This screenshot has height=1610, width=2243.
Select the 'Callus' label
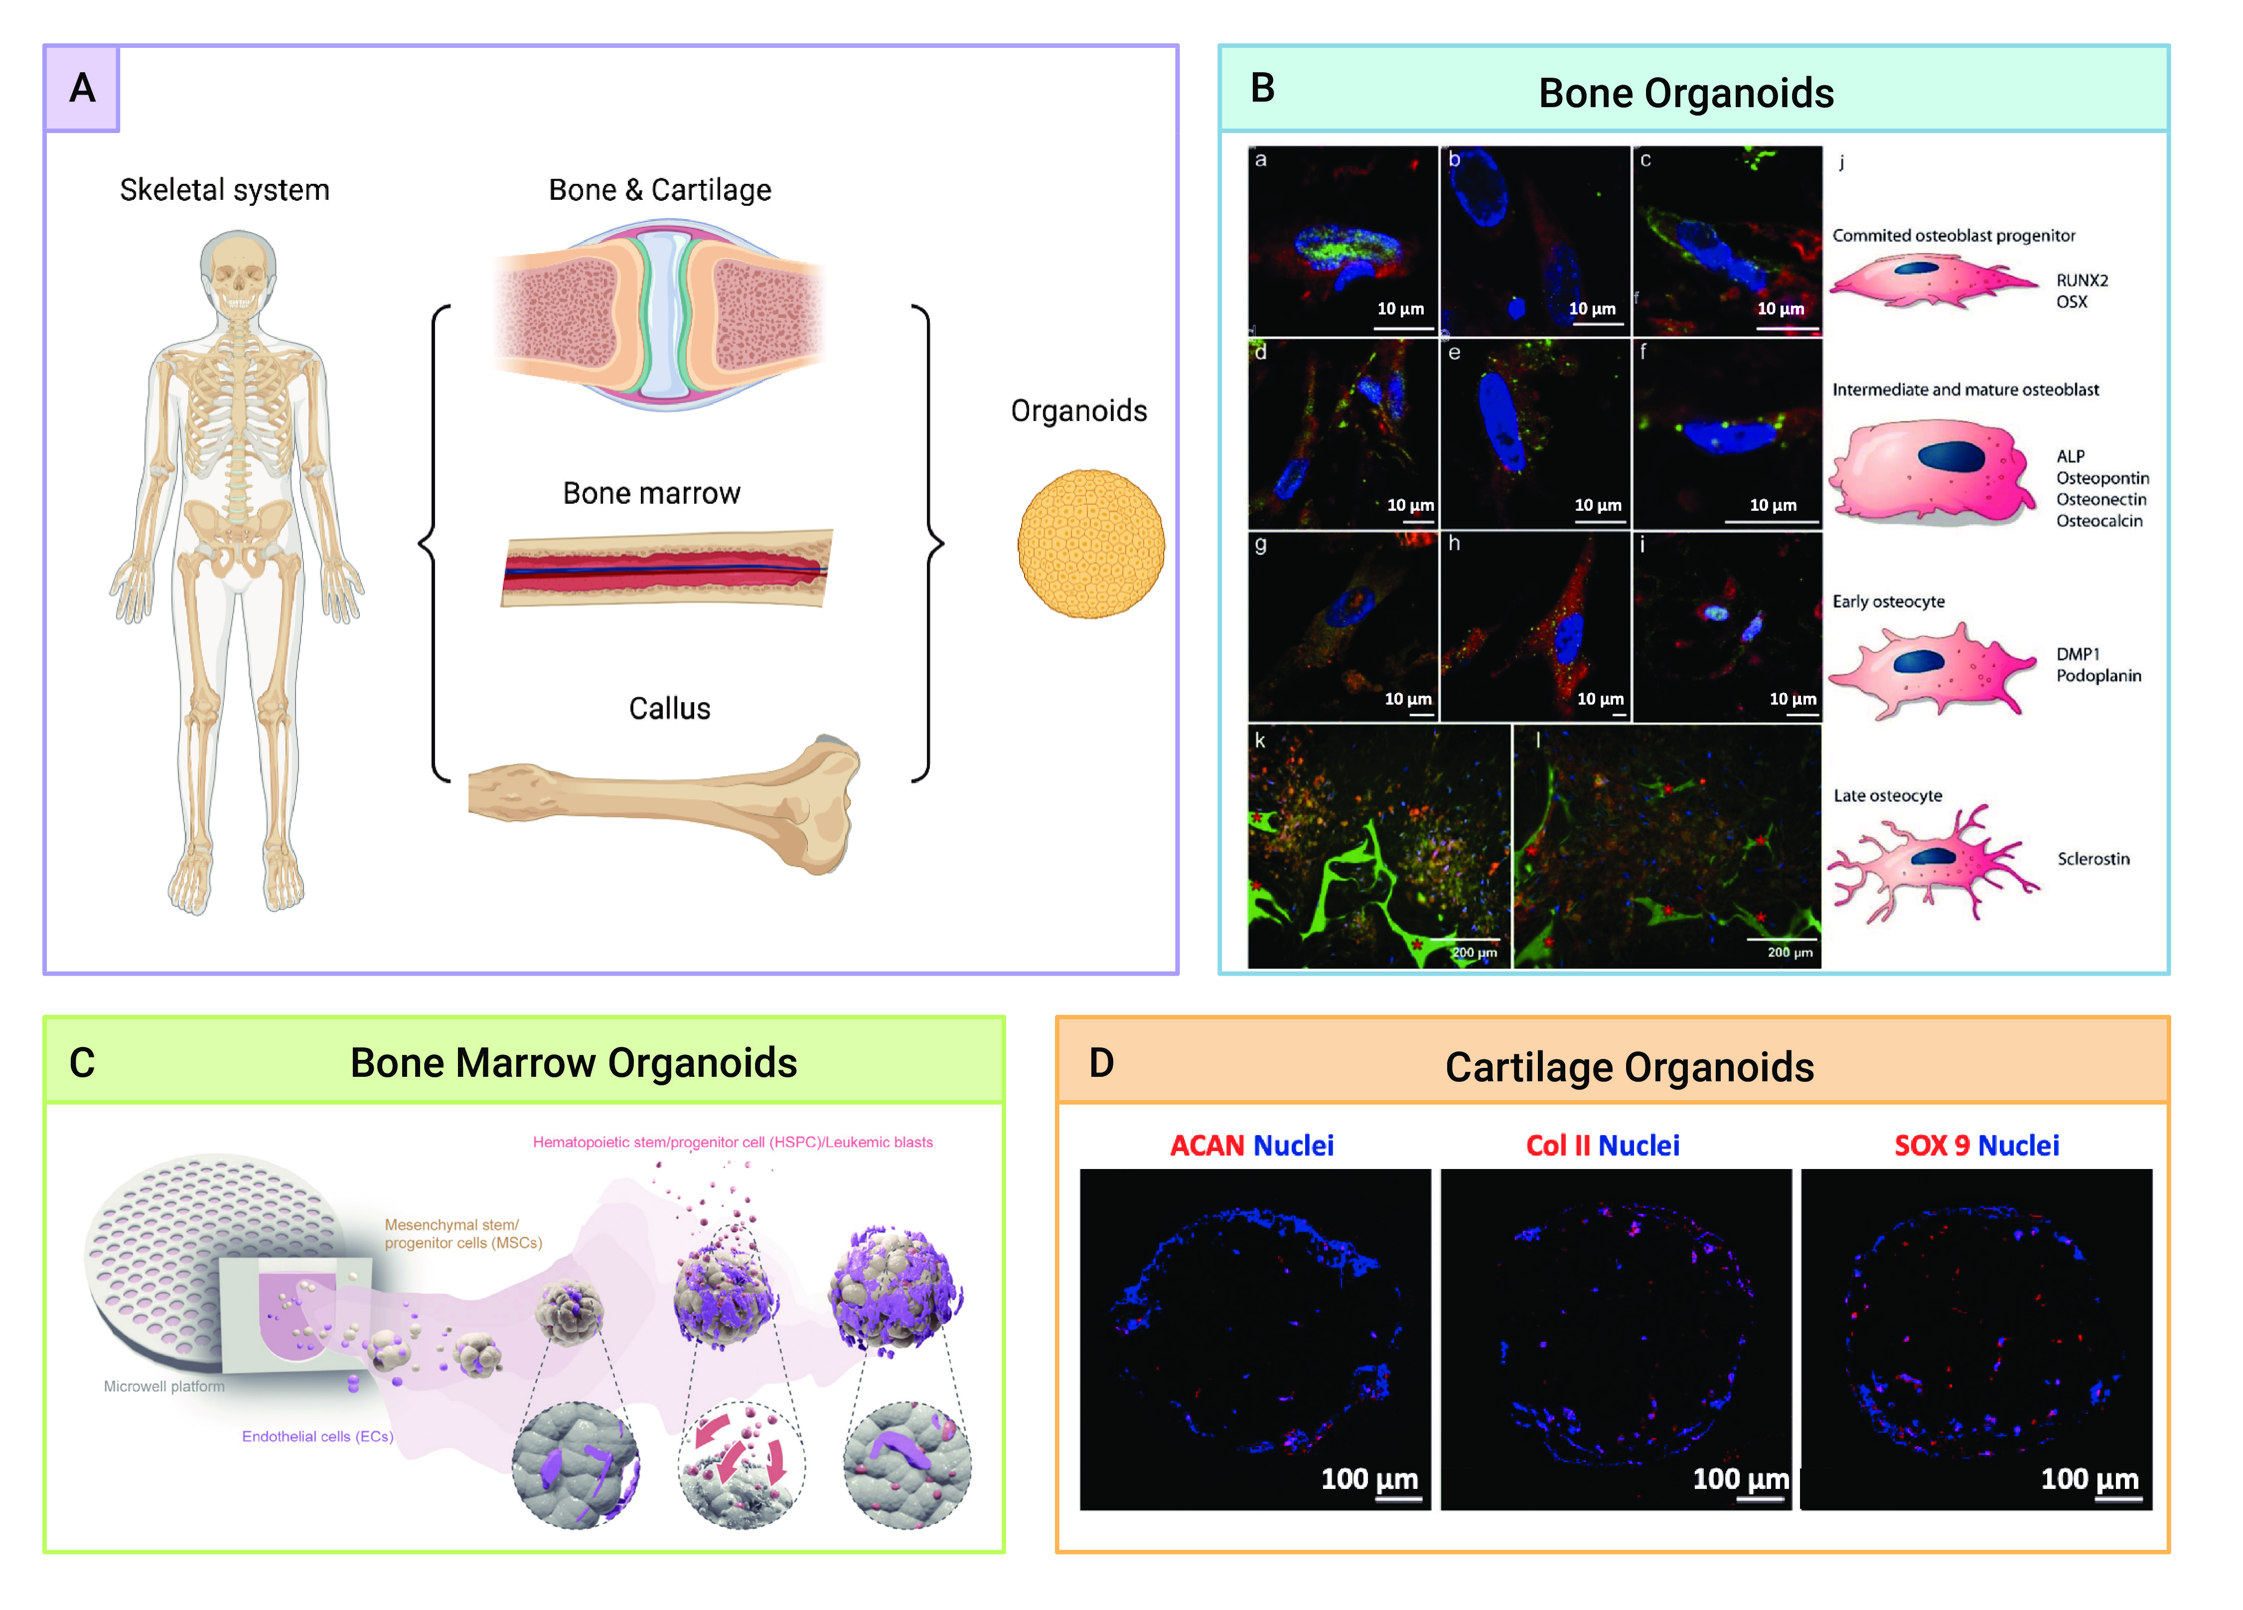[x=670, y=708]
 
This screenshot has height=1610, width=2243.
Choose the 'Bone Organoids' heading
[x=1686, y=93]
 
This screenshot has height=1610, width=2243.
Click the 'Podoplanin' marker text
[x=2098, y=676]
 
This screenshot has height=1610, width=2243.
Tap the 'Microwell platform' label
[x=164, y=1386]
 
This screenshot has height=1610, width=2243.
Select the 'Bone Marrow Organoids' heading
[x=574, y=1063]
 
